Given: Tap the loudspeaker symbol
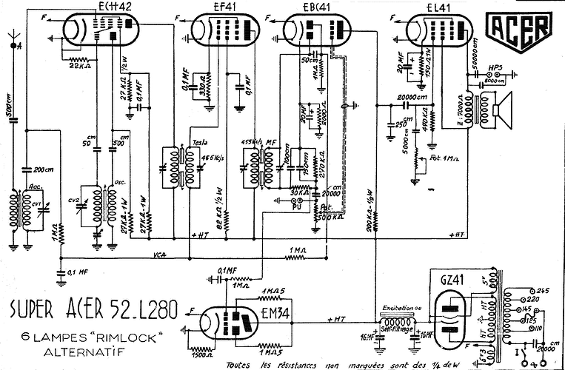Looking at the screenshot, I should pos(503,111).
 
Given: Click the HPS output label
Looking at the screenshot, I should pos(493,68).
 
